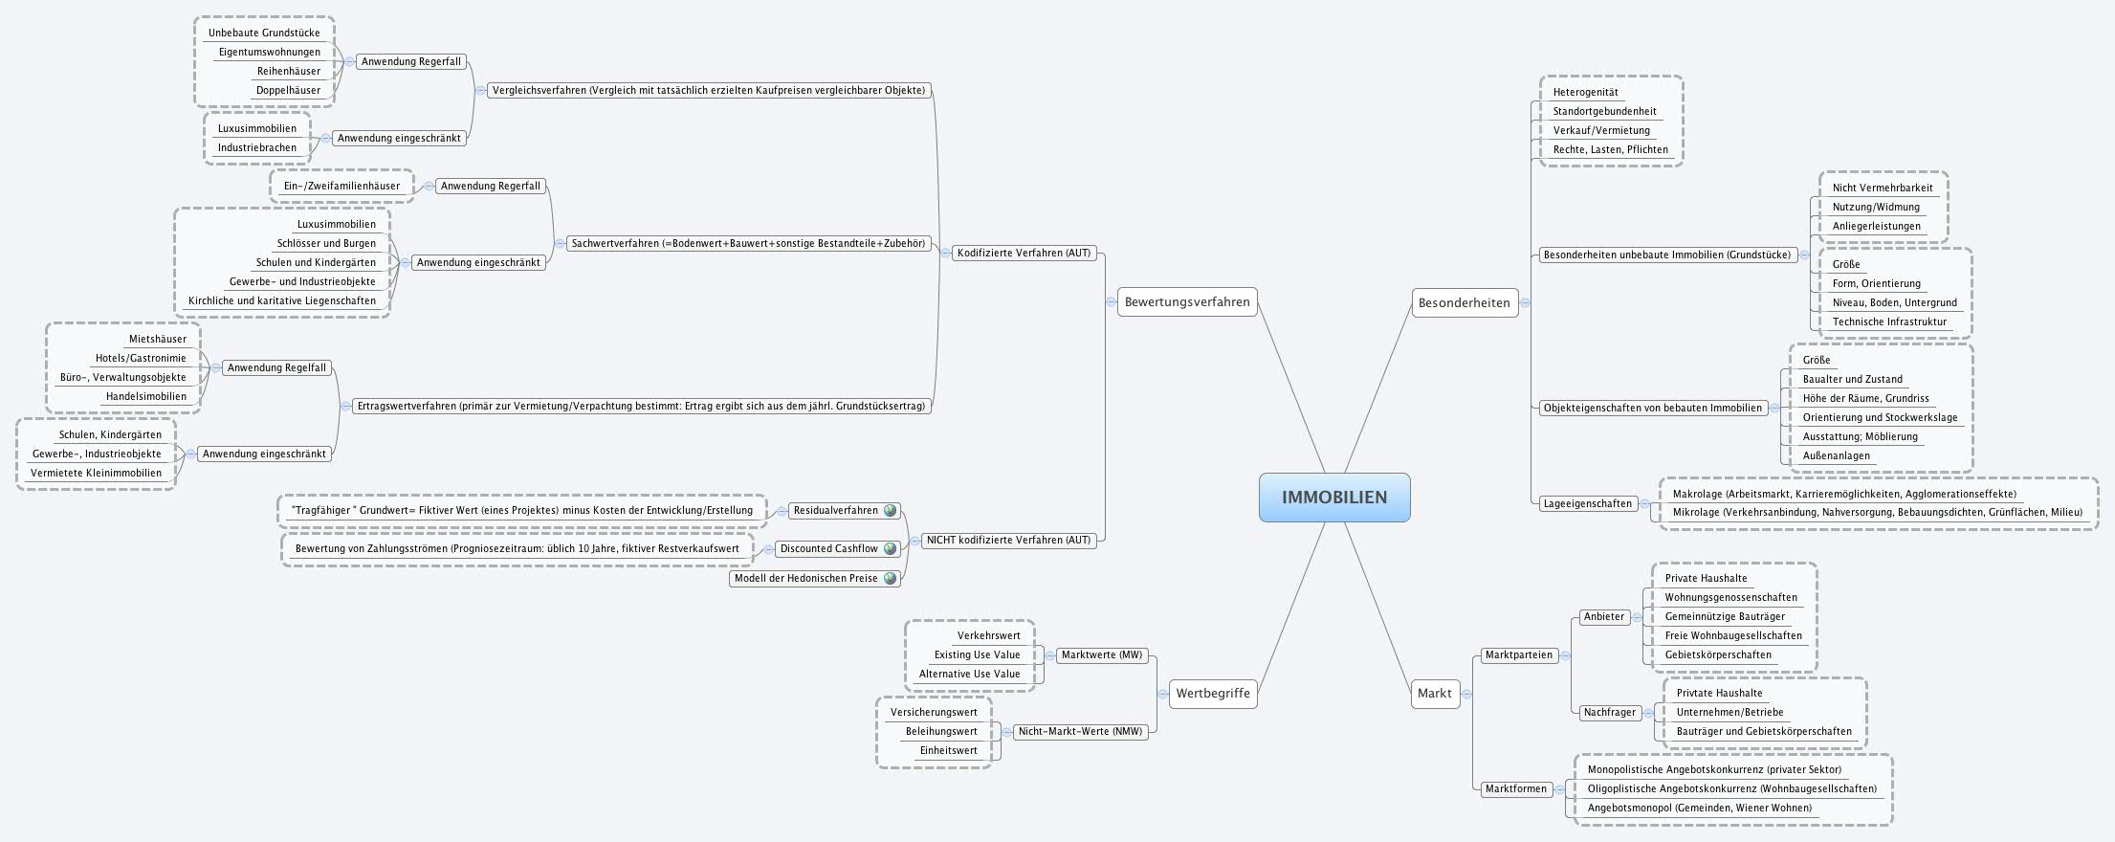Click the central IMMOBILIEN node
[1333, 498]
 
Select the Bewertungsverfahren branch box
[1186, 302]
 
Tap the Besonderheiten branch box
[1464, 303]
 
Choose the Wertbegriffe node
[1212, 694]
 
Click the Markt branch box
[1434, 694]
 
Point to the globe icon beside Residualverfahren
[891, 511]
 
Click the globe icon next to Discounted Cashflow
[891, 549]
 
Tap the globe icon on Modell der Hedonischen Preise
[891, 578]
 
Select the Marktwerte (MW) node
[1100, 655]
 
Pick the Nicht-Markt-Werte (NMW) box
[1079, 732]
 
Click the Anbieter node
[1604, 617]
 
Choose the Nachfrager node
[1610, 713]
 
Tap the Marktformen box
[1515, 789]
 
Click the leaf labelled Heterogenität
[1585, 93]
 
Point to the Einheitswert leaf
[948, 751]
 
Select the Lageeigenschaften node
[1587, 503]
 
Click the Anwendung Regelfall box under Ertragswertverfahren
[276, 367]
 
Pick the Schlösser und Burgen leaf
[326, 243]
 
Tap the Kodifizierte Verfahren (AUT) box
[1023, 254]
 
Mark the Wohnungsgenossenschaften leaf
[1730, 598]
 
